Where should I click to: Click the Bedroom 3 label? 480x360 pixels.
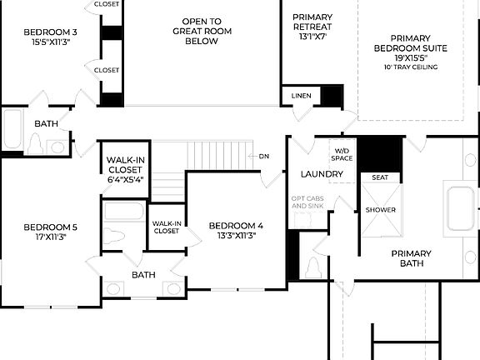(49, 32)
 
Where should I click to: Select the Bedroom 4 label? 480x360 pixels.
(236, 225)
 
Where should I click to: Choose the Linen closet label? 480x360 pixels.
(302, 96)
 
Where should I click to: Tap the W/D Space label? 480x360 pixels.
(342, 153)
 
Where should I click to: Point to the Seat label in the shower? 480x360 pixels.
(379, 177)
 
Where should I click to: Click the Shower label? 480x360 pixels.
(381, 210)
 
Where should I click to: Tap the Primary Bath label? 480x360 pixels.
(412, 258)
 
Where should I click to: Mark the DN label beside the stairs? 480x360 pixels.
(264, 156)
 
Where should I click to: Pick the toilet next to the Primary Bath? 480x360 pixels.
(314, 268)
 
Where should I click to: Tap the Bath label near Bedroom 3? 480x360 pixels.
(46, 124)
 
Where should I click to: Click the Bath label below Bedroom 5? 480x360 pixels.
(143, 274)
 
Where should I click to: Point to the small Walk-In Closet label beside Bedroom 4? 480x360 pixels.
(166, 227)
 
